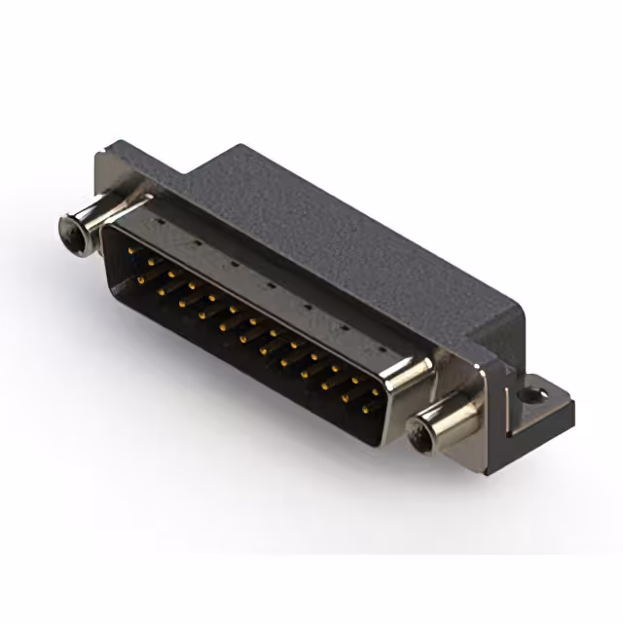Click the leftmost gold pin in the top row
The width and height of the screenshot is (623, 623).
[132, 249]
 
